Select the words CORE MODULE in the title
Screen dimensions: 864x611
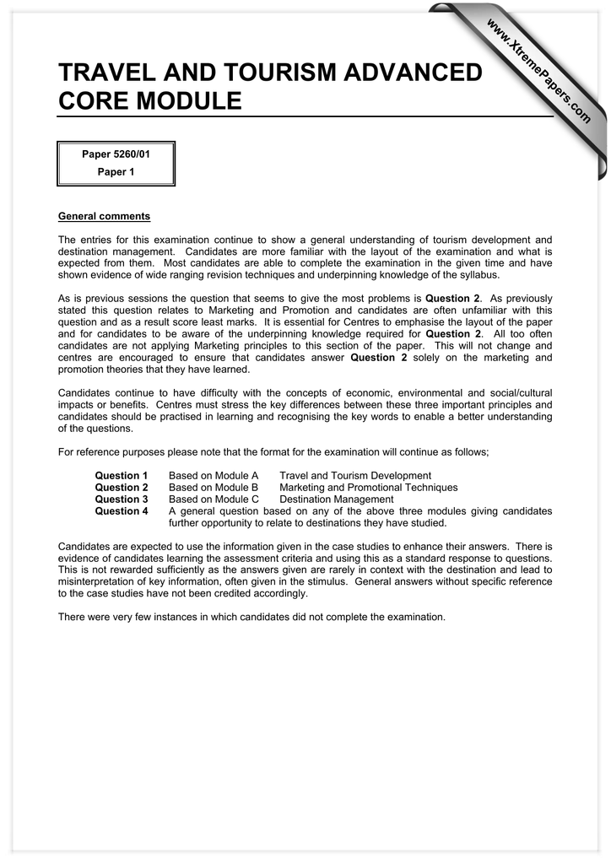(x=149, y=102)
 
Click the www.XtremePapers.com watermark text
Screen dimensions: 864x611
(x=538, y=74)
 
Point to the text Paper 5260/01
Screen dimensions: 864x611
(x=116, y=154)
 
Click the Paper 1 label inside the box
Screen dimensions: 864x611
(x=116, y=172)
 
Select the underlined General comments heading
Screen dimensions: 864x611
(x=104, y=217)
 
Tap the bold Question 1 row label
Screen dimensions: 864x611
(x=122, y=476)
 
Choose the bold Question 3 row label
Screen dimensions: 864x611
(x=122, y=499)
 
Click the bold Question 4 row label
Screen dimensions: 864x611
(x=122, y=511)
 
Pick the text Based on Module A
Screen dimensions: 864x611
(x=214, y=476)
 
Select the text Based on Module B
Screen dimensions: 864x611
(x=214, y=488)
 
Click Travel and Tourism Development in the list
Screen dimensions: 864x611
(x=355, y=476)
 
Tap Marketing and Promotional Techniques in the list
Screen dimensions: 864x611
(x=369, y=488)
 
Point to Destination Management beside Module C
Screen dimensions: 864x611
(x=337, y=499)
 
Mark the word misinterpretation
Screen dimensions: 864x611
(x=101, y=581)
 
